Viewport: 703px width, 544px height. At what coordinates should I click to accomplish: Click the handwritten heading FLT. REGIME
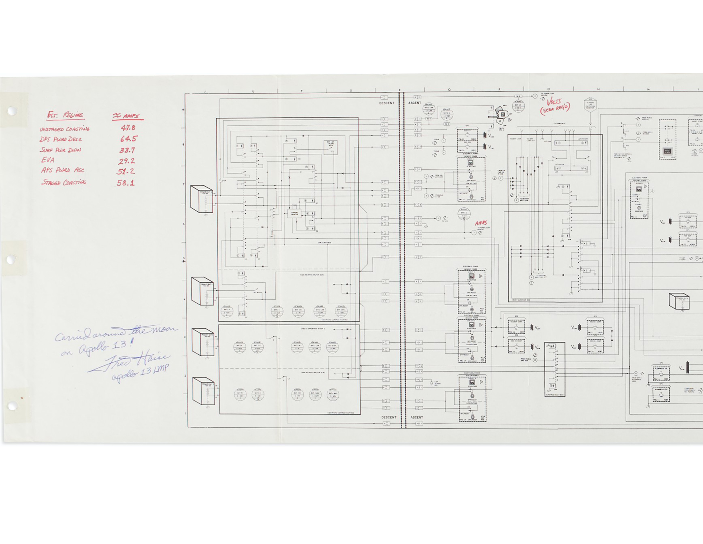point(65,115)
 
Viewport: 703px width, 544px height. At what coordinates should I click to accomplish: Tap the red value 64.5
point(129,139)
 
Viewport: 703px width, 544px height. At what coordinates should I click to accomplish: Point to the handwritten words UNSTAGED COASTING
point(64,129)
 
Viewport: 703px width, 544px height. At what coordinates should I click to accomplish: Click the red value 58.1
point(125,183)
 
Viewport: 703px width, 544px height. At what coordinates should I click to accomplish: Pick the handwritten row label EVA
point(48,160)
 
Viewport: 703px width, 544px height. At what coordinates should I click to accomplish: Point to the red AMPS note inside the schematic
point(481,223)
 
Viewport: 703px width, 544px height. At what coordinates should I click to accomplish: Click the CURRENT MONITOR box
point(294,213)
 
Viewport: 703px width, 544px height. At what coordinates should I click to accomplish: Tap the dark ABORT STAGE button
point(668,151)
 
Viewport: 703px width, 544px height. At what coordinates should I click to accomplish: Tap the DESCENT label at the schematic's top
point(387,103)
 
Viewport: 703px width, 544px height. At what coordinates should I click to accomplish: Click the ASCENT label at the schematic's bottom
point(417,417)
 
